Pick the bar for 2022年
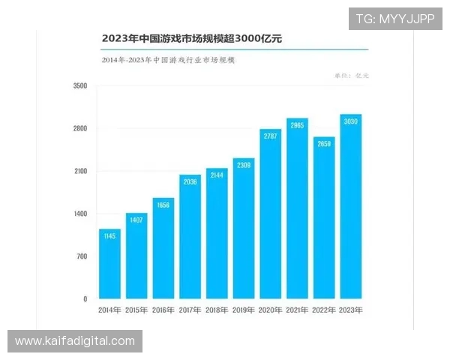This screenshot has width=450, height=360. pos(324,218)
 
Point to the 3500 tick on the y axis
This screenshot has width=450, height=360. pos(80,87)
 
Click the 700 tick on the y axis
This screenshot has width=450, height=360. pos(82,256)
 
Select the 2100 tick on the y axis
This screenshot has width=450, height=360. pos(80,172)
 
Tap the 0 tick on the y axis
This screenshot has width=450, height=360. pos(85,299)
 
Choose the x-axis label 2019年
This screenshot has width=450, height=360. pos(244,310)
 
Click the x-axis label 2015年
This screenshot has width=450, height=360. pos(136,310)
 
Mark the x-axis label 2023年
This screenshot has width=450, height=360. pos(351,310)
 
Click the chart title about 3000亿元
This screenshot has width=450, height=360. pos(196,37)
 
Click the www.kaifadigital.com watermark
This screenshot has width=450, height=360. pos(75,341)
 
